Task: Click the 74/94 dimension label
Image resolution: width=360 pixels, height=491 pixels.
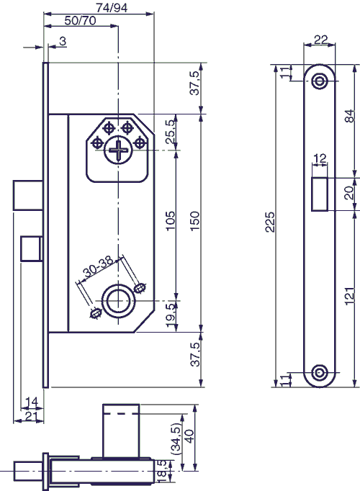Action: pyautogui.click(x=98, y=6)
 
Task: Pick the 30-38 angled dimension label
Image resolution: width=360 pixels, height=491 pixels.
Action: pyautogui.click(x=99, y=271)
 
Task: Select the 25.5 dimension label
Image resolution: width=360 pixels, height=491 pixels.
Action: pyautogui.click(x=171, y=135)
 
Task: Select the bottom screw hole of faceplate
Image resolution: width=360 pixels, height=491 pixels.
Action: pyautogui.click(x=320, y=373)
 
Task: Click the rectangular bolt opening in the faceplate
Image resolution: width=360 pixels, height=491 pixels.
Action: pyautogui.click(x=320, y=193)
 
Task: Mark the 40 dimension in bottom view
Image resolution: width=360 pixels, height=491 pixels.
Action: pyautogui.click(x=189, y=438)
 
